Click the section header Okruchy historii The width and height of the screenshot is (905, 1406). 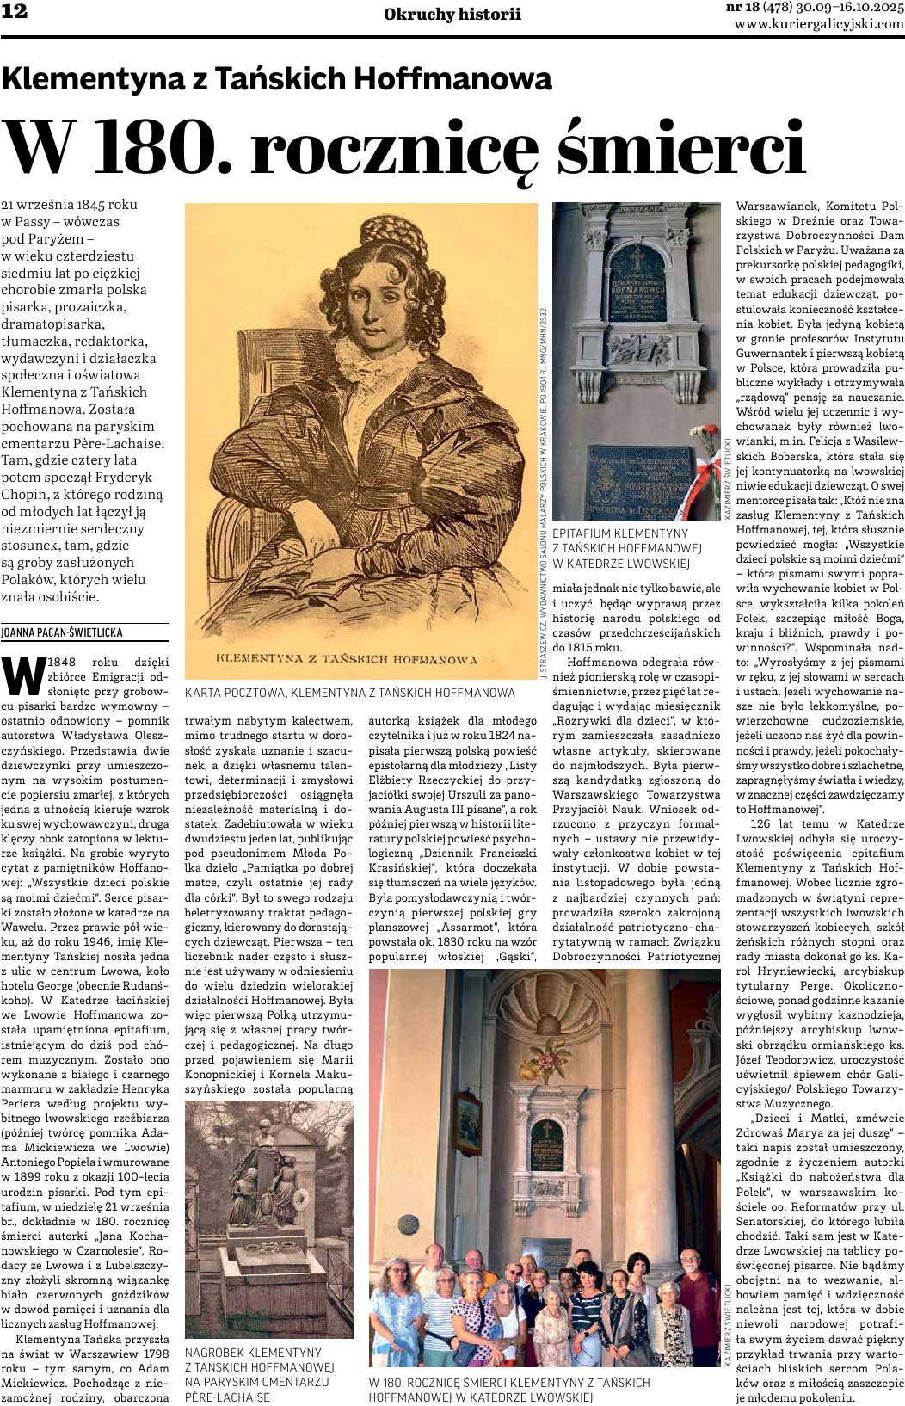point(452,14)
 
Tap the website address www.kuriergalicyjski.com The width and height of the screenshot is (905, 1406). point(819,23)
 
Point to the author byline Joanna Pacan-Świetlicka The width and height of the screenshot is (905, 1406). point(64,632)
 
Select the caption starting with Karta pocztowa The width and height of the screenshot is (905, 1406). point(349,692)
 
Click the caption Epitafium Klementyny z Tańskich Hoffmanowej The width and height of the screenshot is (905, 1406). point(627,548)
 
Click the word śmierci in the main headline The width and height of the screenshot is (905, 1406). point(680,148)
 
